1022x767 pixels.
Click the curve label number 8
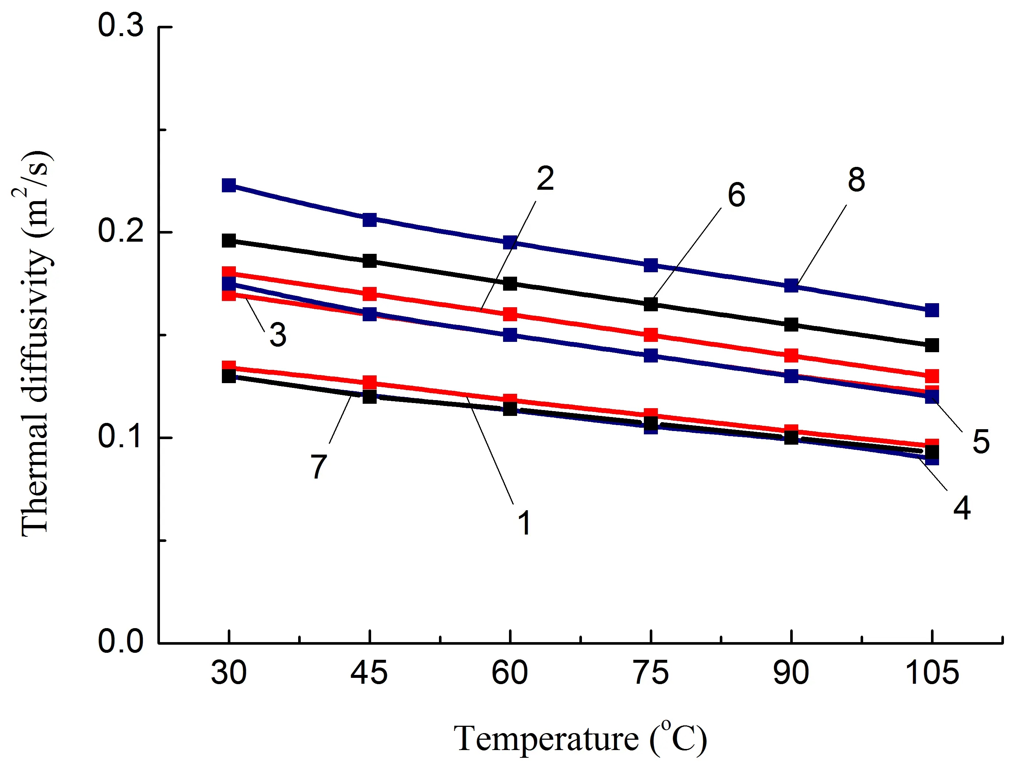(x=856, y=180)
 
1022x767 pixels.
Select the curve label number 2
(x=545, y=178)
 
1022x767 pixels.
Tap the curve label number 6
(x=736, y=195)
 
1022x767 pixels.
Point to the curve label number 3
(x=278, y=335)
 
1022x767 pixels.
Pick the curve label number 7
(x=318, y=466)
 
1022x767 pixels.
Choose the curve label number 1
(x=524, y=523)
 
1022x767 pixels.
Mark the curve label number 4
(x=962, y=508)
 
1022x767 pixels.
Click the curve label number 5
(x=981, y=441)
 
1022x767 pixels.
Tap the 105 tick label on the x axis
(x=932, y=673)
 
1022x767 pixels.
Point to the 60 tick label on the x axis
(x=510, y=673)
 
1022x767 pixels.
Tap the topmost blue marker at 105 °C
(x=932, y=310)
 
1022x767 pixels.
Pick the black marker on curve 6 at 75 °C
(x=650, y=304)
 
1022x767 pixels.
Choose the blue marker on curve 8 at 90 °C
(x=791, y=286)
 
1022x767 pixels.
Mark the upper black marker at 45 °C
(x=369, y=260)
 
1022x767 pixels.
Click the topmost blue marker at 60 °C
(x=510, y=242)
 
